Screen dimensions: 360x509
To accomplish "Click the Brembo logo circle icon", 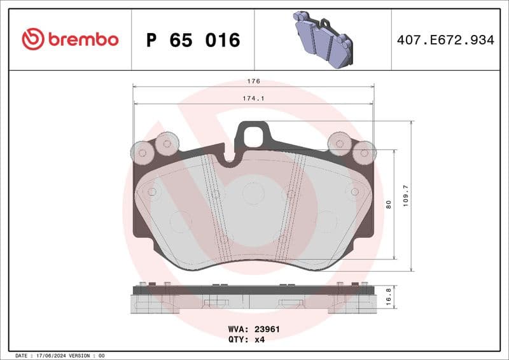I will (32, 39).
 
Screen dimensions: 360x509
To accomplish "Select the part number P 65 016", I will (193, 40).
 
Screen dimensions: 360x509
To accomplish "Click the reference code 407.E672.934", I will (445, 40).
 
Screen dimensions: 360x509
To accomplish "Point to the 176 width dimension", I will (253, 81).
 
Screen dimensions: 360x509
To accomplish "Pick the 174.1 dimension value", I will (253, 99).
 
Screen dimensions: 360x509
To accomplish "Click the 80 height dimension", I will (387, 205).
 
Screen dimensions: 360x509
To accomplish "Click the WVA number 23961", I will (268, 329).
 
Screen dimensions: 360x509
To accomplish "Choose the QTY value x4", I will (259, 340).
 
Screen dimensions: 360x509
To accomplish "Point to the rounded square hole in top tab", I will (253, 135).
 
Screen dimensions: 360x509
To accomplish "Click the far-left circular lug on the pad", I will (141, 151).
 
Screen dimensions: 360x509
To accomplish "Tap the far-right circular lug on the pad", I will (365, 152).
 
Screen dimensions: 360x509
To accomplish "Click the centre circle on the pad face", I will (253, 193).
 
